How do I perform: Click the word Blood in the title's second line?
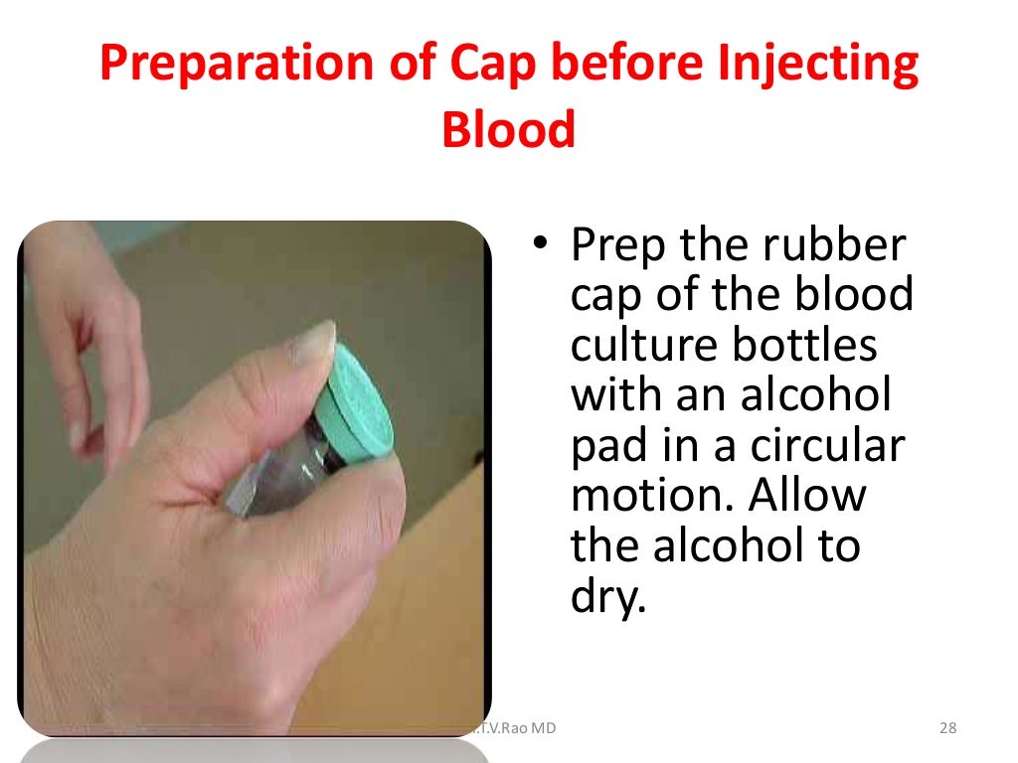click(508, 129)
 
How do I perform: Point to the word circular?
click(827, 446)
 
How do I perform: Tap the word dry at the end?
click(605, 598)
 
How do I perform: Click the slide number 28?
click(947, 729)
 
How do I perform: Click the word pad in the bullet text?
click(607, 448)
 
